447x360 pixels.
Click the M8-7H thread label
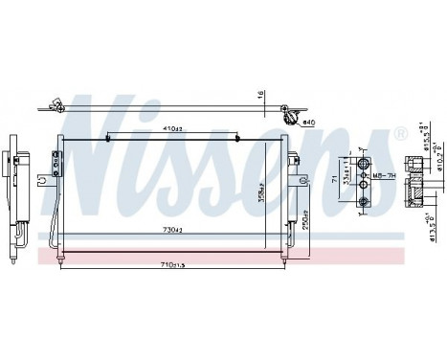pos(386,174)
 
